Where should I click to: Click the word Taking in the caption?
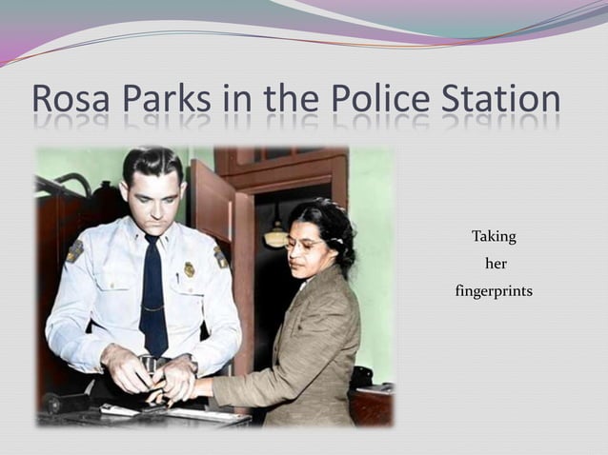point(494,235)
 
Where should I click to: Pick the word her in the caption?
point(496,263)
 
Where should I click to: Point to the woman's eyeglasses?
point(303,245)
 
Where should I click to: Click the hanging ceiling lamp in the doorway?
point(276,235)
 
